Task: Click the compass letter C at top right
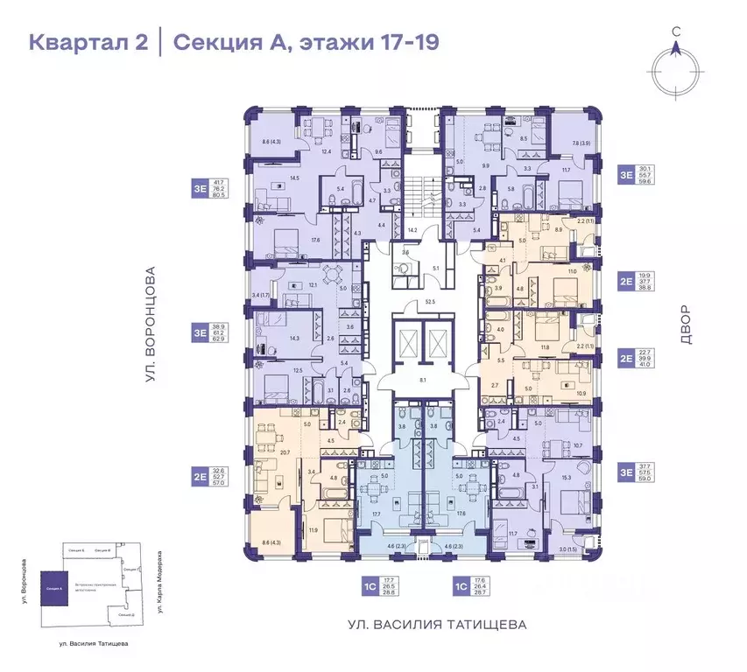676,31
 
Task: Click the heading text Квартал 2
88,41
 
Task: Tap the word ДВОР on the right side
684,324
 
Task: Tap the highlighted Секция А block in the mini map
55,589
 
